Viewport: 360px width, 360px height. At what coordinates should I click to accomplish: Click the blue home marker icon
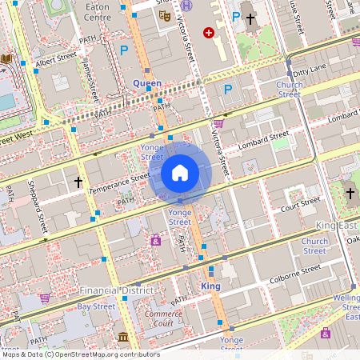click(180, 172)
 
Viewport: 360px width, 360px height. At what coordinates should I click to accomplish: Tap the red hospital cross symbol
click(209, 33)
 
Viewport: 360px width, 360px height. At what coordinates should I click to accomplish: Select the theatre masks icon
click(165, 15)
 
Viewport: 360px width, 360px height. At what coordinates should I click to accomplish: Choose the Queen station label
click(147, 83)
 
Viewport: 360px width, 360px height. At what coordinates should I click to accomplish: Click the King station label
click(210, 286)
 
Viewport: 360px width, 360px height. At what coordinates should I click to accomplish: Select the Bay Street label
click(96, 306)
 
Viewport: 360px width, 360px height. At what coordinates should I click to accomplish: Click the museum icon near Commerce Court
click(123, 338)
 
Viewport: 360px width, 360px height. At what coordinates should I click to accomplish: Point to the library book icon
click(7, 58)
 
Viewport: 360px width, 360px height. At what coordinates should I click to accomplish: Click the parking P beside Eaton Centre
click(124, 50)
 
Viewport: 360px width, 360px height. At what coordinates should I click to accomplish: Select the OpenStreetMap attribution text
click(80, 354)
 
